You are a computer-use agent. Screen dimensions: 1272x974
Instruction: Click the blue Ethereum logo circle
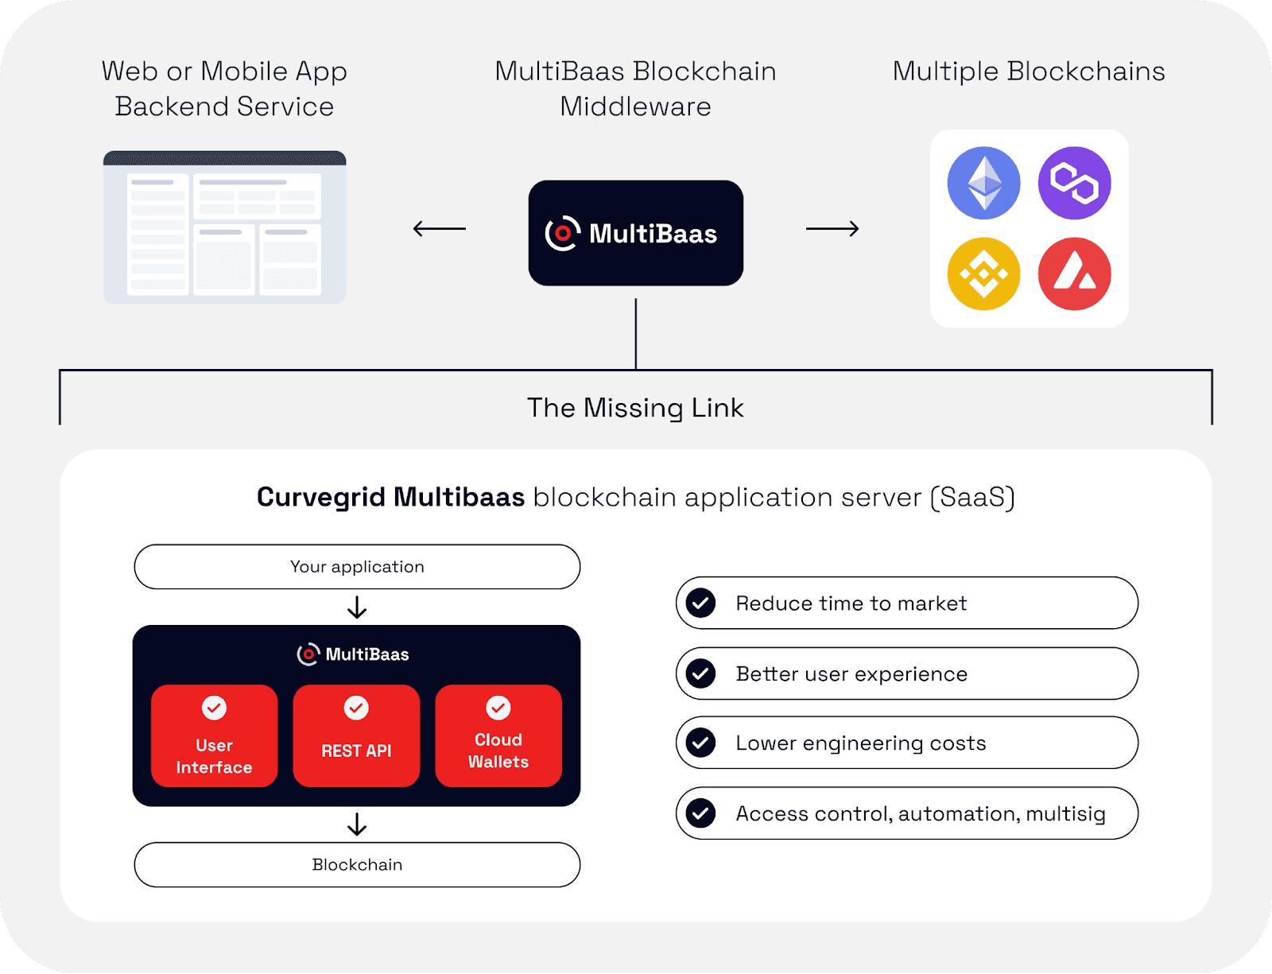[983, 183]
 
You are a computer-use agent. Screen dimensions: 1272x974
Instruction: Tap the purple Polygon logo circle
[1074, 183]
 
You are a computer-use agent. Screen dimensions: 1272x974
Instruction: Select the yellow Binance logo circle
[983, 274]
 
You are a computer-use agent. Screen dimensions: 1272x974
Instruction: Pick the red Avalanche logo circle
[1074, 274]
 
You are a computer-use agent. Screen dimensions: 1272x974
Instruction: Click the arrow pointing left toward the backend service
[439, 229]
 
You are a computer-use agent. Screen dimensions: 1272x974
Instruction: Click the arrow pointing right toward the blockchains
[832, 229]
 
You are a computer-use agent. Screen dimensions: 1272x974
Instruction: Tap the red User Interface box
[214, 735]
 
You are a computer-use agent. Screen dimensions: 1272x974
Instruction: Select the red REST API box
[356, 735]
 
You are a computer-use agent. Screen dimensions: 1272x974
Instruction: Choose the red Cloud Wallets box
[498, 735]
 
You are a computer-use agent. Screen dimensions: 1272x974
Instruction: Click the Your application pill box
[357, 567]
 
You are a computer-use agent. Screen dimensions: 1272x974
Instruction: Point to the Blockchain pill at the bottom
[357, 864]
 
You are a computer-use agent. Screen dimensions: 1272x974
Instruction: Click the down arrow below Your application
[357, 607]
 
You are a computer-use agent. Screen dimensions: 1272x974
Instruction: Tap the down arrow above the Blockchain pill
[357, 825]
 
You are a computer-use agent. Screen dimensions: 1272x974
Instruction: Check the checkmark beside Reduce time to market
[700, 603]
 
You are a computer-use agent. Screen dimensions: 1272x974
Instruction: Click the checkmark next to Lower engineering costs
[700, 743]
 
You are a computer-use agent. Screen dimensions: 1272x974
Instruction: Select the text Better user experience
[851, 674]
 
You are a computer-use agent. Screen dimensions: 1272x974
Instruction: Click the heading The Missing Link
[635, 408]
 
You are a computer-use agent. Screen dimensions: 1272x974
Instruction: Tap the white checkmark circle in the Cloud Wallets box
[498, 708]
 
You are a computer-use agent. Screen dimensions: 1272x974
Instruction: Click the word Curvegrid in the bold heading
[321, 497]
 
